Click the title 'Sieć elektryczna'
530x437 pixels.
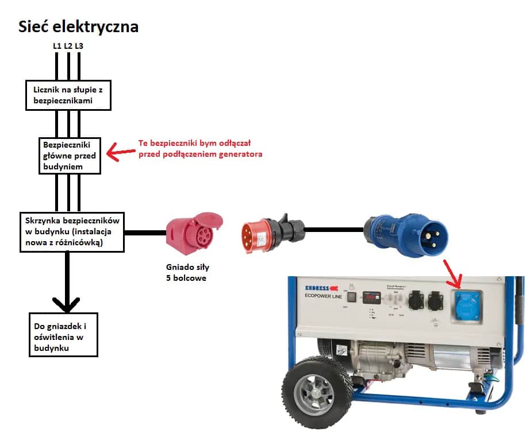click(78, 26)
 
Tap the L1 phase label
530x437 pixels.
click(57, 45)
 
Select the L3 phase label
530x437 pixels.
click(79, 45)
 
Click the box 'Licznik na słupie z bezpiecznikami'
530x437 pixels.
click(68, 95)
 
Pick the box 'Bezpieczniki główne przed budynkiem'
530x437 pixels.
click(70, 155)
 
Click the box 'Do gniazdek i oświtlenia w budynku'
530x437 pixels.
click(64, 334)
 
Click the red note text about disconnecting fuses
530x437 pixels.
click(200, 149)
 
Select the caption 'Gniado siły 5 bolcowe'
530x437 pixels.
click(183, 273)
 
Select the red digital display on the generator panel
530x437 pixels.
click(370, 296)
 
